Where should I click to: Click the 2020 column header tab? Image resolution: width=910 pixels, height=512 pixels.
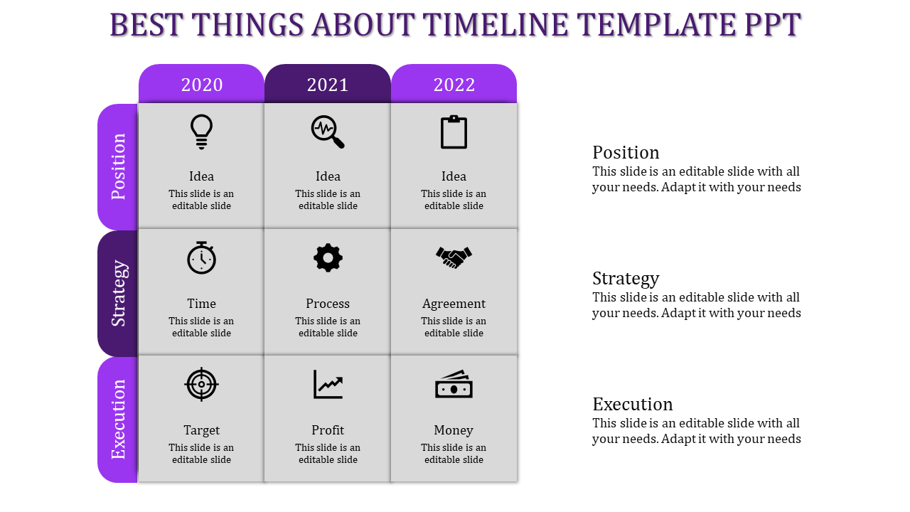(201, 85)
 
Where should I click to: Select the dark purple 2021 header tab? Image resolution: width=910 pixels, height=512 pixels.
(328, 85)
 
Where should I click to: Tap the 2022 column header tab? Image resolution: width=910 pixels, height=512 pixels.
(454, 85)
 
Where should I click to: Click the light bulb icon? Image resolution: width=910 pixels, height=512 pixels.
(201, 132)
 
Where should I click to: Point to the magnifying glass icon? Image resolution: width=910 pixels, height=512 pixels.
(327, 132)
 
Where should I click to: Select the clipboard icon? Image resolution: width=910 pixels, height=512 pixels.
(454, 132)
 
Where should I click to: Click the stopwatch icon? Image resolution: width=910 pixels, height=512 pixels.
(201, 257)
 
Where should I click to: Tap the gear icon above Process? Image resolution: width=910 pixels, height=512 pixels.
(328, 257)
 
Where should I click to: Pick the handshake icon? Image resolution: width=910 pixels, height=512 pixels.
(454, 257)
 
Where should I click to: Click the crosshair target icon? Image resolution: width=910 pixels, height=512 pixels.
(201, 384)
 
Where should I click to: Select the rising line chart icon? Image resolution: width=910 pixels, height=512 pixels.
(328, 384)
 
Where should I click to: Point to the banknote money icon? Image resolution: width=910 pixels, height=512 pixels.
(454, 385)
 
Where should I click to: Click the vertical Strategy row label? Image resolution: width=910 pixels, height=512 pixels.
(118, 293)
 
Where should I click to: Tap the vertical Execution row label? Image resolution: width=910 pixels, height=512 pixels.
(118, 420)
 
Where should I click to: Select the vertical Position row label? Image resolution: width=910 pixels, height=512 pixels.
(118, 166)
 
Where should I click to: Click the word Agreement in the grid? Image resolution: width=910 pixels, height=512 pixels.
(454, 304)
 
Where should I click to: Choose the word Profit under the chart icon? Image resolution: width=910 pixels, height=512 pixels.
(328, 430)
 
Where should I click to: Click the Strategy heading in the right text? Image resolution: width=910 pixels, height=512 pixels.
(626, 278)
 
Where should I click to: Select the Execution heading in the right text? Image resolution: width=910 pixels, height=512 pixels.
(632, 404)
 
